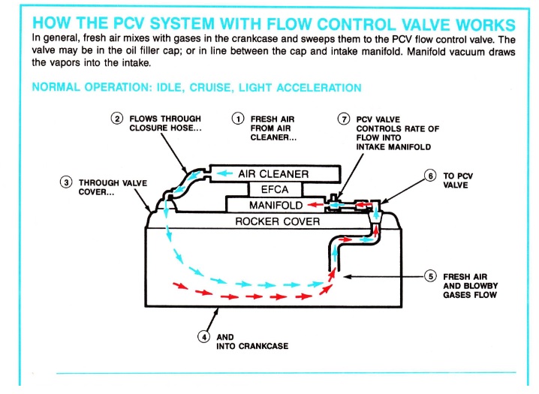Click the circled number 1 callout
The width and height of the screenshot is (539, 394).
238,119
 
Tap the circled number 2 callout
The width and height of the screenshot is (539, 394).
118,119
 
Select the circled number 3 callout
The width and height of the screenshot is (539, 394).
67,182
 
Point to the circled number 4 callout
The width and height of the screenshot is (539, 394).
204,336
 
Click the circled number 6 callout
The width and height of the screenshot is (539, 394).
430,176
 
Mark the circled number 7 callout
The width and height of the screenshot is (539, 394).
344,119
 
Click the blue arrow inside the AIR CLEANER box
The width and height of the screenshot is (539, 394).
224,174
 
